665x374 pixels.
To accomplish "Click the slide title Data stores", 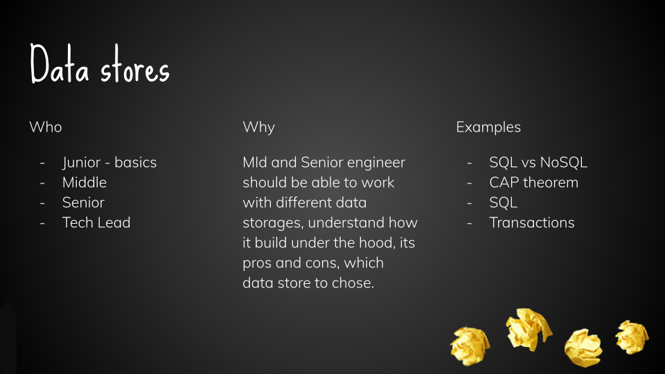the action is [x=100, y=64].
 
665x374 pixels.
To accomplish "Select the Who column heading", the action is [x=46, y=127].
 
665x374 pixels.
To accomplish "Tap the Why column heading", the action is [x=258, y=127].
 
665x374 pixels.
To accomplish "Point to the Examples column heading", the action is [x=488, y=127].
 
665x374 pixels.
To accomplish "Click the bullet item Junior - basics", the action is [x=109, y=162].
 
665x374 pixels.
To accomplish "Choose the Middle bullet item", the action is [x=85, y=182].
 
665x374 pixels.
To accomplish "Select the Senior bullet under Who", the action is [x=83, y=203].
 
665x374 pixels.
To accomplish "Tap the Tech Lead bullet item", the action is [x=96, y=222].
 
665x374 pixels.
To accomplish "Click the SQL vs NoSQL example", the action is [x=538, y=162].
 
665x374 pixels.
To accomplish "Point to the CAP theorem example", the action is [x=533, y=182].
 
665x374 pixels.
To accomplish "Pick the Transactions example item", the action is [x=532, y=222].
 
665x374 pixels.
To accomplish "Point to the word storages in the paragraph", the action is [x=273, y=223].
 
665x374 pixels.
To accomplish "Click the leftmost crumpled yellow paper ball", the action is [x=470, y=346].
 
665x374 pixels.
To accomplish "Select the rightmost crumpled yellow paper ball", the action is [x=632, y=337].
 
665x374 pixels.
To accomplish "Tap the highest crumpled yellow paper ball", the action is [x=529, y=329].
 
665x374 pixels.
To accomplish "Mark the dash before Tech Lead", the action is [x=42, y=222].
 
